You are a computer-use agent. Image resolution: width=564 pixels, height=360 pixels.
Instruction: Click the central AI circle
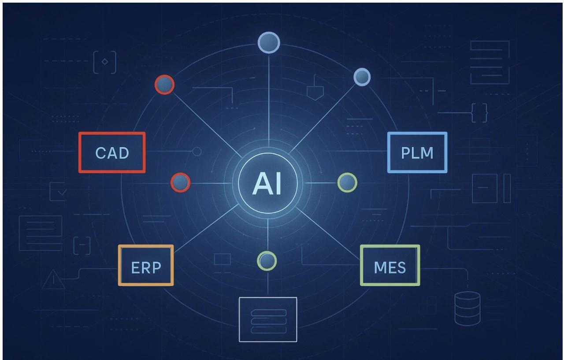(x=267, y=183)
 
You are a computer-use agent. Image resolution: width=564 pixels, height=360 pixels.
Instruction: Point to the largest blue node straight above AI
(x=269, y=42)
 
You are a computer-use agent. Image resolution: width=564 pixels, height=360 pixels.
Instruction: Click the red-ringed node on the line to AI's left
(x=180, y=182)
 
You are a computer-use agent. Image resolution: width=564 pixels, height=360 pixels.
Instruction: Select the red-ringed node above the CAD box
(x=164, y=85)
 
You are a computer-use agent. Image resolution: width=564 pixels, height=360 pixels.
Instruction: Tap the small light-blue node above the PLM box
(x=362, y=77)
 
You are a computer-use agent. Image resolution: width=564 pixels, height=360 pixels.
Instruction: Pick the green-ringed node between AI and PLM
(x=347, y=182)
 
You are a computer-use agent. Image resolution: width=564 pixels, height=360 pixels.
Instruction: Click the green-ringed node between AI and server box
(x=267, y=261)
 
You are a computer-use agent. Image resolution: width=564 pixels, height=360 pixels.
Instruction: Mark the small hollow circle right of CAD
(x=197, y=152)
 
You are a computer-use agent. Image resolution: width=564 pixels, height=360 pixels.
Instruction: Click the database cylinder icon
(x=468, y=308)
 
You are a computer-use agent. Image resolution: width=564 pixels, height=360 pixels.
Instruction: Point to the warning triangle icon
(x=53, y=279)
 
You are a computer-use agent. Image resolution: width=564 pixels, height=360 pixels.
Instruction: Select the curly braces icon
(x=479, y=113)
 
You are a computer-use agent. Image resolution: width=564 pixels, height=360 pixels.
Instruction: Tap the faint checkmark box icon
(x=59, y=191)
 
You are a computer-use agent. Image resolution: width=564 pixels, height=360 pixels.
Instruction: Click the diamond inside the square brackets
(x=105, y=62)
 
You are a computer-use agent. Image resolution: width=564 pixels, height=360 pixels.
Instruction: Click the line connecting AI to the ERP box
(x=206, y=228)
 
